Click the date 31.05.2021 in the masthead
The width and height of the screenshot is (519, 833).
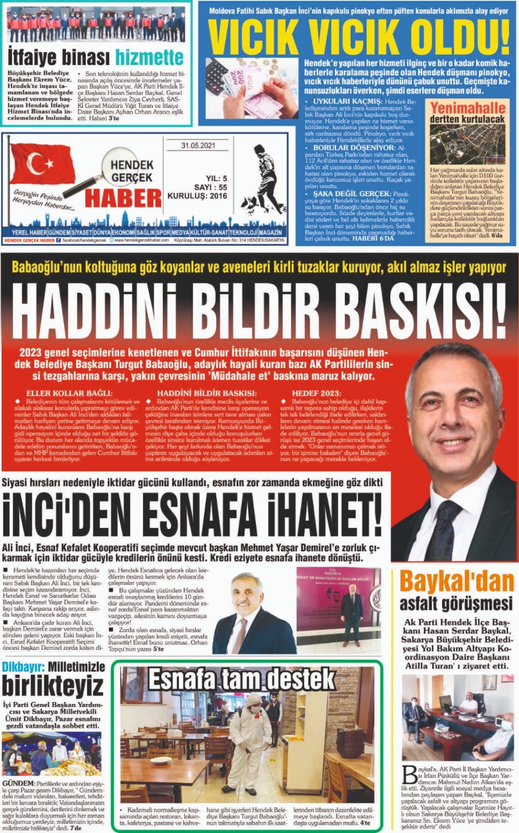[198, 146]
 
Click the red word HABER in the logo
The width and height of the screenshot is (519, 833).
[123, 198]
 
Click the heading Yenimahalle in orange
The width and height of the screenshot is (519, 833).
[467, 108]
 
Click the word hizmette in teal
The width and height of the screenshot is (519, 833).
[149, 57]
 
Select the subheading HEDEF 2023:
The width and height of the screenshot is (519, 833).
[316, 393]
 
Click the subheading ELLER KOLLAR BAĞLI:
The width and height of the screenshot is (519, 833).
[69, 393]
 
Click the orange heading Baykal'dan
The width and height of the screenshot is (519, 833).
[456, 582]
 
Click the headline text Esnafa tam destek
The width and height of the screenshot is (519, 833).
[242, 679]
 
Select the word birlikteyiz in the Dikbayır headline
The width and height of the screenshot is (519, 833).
[52, 686]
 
